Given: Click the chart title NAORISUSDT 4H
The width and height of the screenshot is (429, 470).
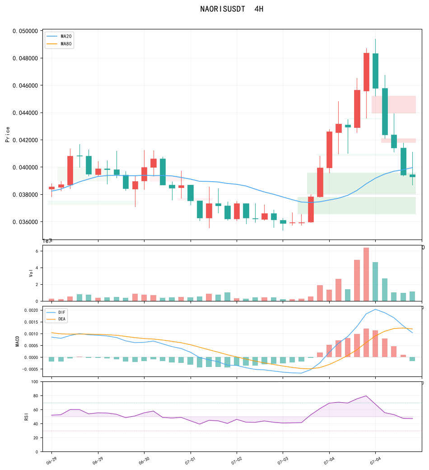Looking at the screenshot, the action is pos(232,9).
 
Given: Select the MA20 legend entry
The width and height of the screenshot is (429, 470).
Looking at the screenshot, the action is pos(59,36).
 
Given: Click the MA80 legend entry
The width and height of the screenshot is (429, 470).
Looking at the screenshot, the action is pos(59,44).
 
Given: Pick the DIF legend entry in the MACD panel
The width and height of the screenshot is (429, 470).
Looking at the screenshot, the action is pos(56,312).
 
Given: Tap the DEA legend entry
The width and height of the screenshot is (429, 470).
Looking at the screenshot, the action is pos(56,319).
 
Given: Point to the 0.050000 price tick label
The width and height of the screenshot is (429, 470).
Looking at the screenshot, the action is pos(25,31).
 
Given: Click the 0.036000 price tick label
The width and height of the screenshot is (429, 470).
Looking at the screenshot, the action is pos(25,222).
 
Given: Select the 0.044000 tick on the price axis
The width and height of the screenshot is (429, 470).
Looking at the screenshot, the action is pos(25,113).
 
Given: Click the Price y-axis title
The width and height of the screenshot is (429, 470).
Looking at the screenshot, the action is pos(8,134).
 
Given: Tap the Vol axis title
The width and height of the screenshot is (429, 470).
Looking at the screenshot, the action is pos(31,273).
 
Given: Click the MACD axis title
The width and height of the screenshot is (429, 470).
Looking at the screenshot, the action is pos(17,341).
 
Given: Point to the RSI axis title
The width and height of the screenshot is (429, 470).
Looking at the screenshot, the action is pos(26,417).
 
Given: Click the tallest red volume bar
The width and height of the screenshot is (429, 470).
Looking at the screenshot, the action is pos(366,274).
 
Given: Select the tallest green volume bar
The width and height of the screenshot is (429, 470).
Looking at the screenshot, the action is pos(375,282).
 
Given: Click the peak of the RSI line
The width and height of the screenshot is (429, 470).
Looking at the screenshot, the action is pos(366,396).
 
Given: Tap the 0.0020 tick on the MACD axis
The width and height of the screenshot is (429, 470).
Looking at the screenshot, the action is pos(31,310).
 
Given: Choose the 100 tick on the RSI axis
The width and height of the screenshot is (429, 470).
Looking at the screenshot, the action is pos(35,381).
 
